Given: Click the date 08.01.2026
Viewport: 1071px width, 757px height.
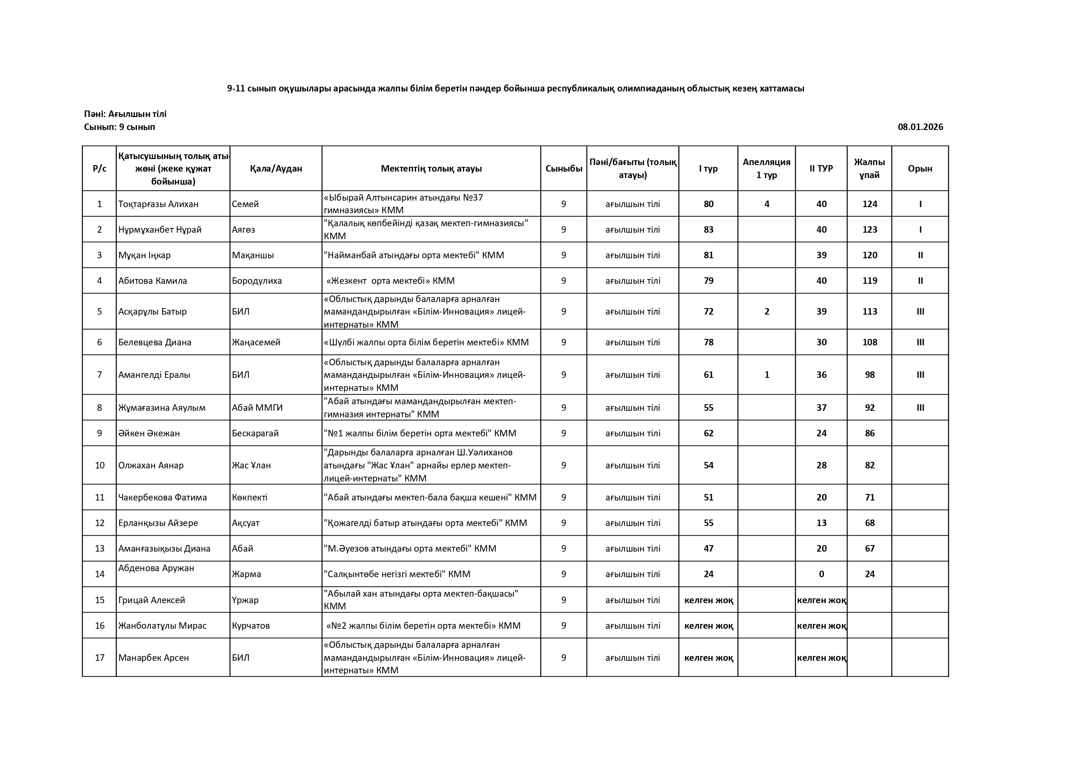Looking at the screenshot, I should coord(920,127).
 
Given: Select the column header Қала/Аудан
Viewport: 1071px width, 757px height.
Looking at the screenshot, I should coord(276,169).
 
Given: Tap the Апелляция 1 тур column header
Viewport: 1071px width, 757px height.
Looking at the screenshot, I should coord(766,169).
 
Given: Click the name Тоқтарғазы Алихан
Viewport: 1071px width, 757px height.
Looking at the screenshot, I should coord(158,204).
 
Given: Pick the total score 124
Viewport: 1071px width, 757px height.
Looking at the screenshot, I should coord(869,204).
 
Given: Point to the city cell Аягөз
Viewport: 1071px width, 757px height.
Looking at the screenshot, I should coord(244,230).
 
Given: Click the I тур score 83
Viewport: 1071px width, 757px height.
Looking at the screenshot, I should coord(708,230).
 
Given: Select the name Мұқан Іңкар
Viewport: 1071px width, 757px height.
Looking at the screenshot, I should coord(144,255).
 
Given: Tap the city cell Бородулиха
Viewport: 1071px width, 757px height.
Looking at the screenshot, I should coord(257,281).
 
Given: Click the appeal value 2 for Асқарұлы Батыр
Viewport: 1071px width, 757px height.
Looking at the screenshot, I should coord(766,312).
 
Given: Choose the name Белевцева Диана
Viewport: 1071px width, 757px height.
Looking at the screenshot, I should coord(154,342).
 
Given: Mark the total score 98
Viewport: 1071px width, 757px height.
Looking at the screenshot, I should coord(869,374).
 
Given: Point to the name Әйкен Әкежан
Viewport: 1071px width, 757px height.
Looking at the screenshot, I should coord(149,433).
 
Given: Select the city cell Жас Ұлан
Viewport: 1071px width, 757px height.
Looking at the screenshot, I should coord(251,465).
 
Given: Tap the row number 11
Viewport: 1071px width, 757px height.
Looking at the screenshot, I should coord(99,497).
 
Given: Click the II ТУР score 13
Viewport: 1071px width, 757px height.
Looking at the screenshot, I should coord(821,523).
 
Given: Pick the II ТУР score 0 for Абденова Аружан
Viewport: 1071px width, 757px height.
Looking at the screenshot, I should coord(821,574).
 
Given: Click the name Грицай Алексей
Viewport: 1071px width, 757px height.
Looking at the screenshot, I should coord(152,600).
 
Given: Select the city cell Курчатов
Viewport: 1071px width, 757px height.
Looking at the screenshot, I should coord(251,625).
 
